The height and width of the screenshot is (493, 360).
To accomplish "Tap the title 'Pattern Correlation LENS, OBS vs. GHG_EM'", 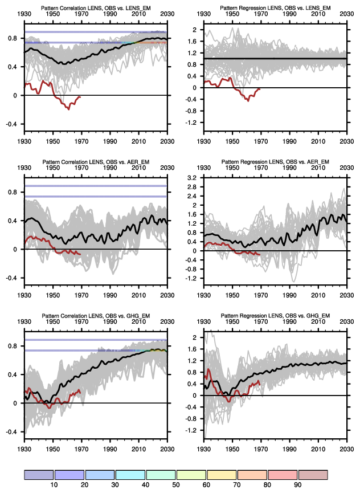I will (x=96, y=317).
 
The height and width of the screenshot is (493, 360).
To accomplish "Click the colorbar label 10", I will (x=54, y=485).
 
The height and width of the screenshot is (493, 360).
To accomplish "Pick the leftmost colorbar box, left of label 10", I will (x=39, y=475).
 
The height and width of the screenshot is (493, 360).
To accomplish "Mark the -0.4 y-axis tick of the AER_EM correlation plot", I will (x=14, y=278).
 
